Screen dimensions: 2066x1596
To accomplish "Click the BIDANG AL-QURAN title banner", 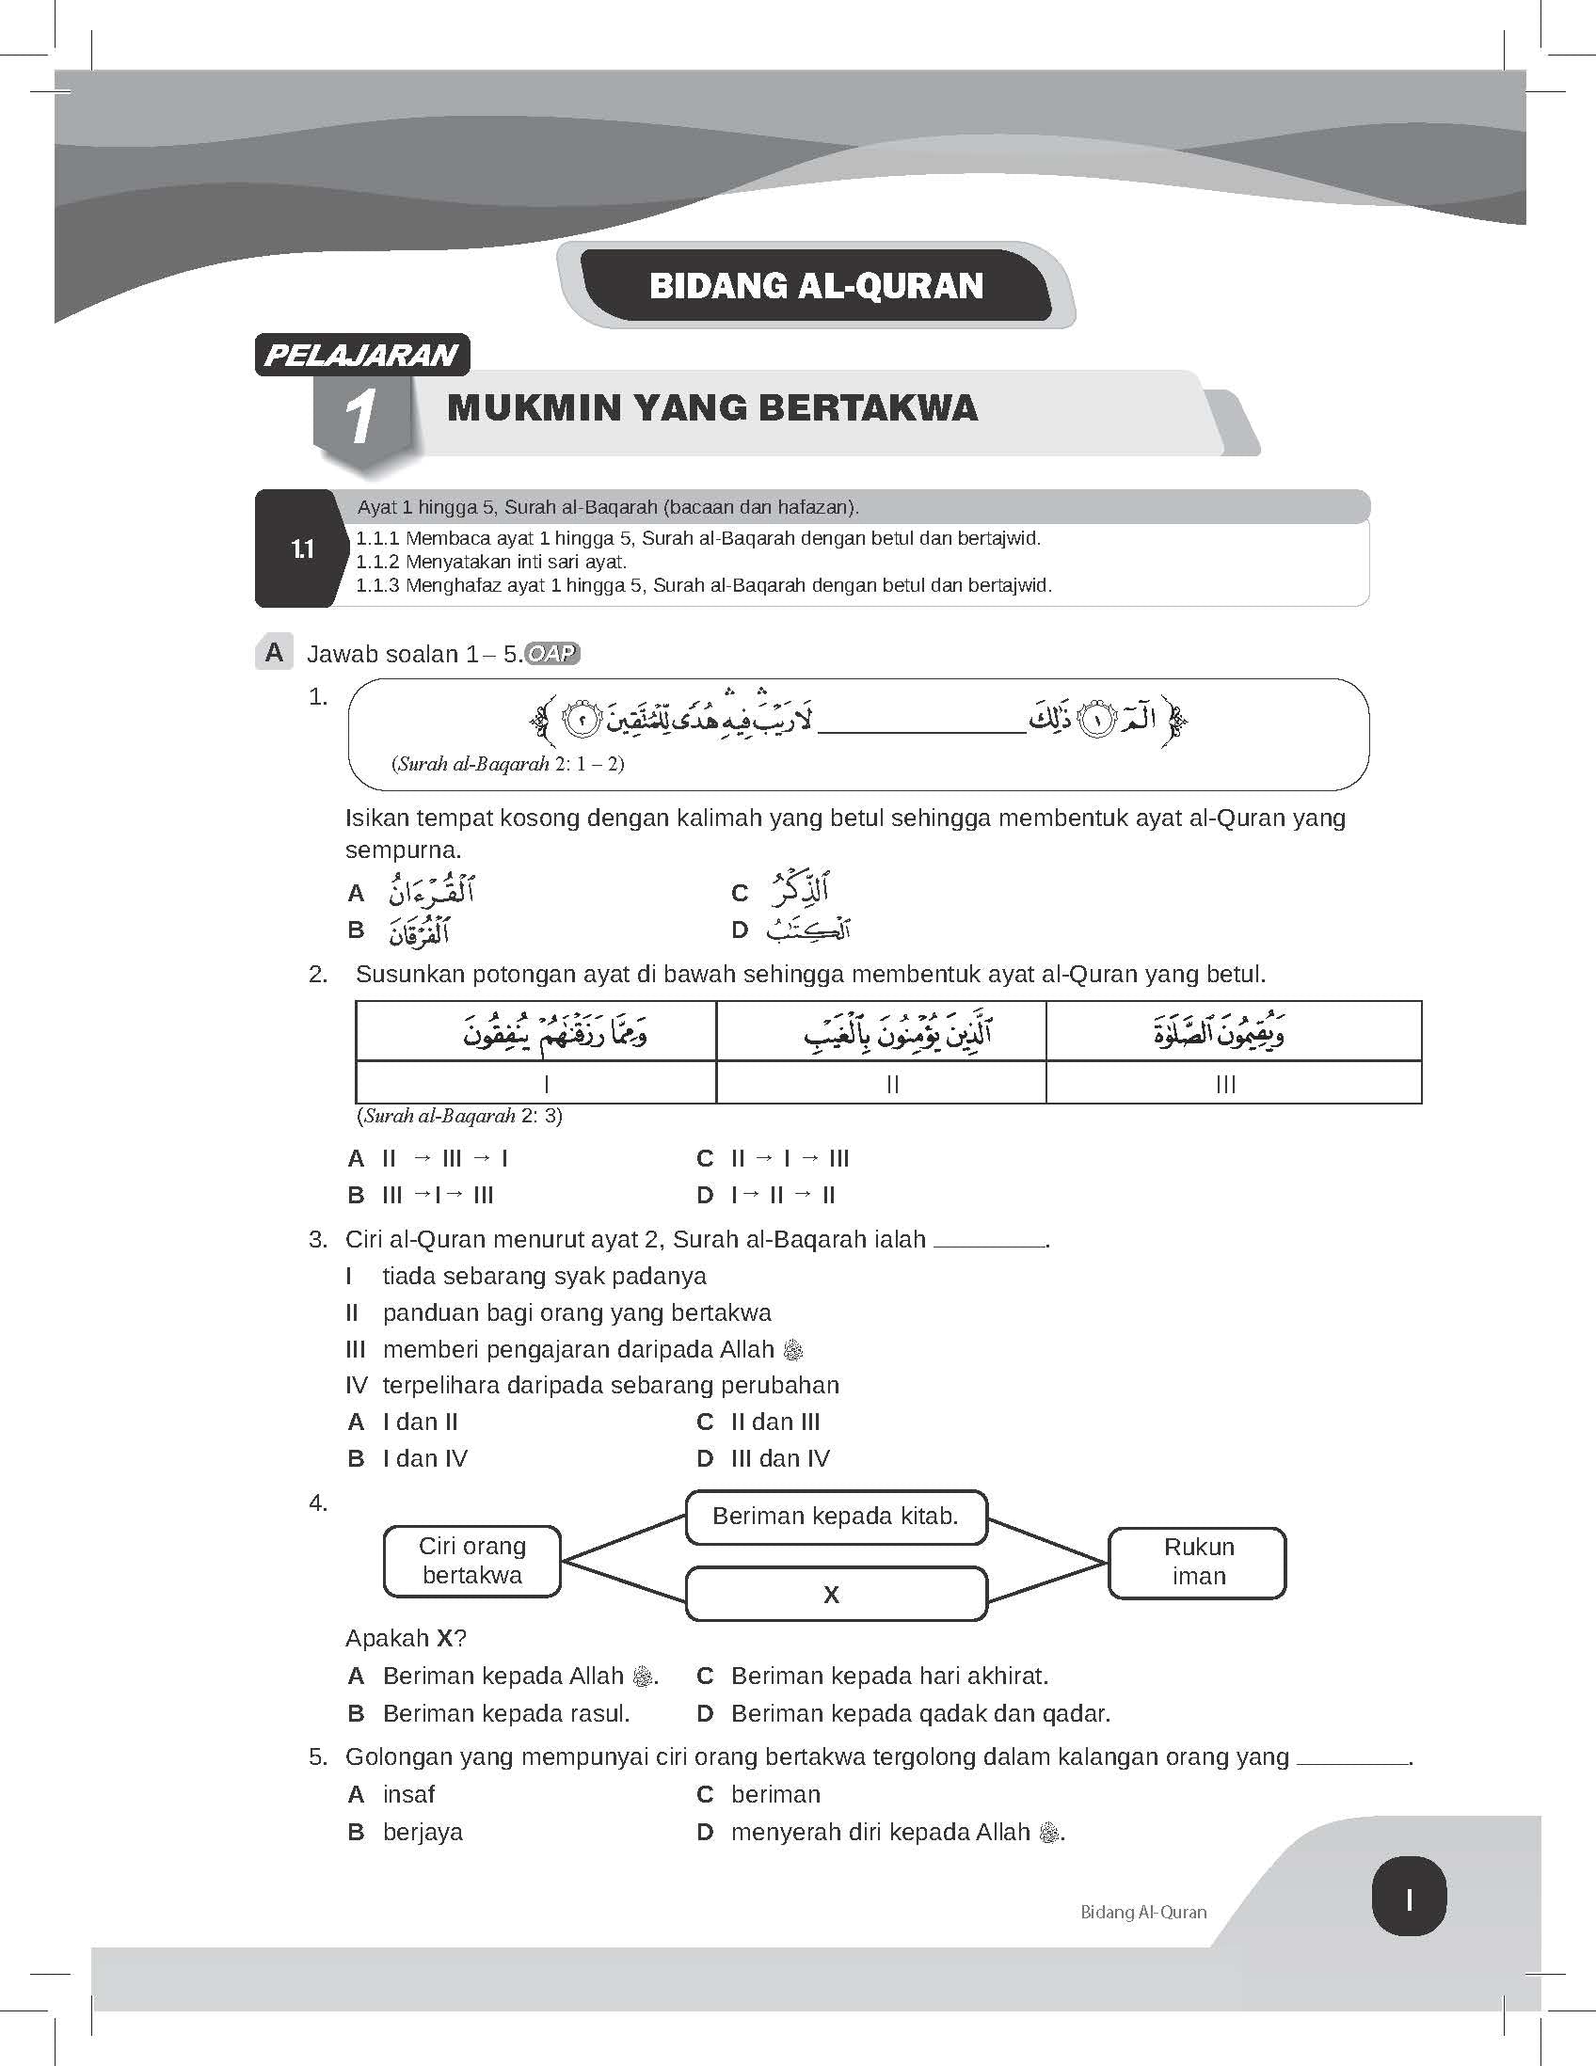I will coord(816,286).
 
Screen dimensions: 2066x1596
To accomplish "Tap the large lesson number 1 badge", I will coord(360,417).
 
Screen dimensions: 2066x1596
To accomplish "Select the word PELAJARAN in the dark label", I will coord(361,356).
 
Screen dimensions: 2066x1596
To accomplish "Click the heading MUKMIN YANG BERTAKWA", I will coord(711,407).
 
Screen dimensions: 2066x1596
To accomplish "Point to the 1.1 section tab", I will coord(301,548).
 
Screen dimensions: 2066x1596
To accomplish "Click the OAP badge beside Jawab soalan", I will coord(551,653).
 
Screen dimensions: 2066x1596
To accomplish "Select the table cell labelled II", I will coord(891,1084).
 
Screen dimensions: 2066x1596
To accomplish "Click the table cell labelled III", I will coord(1225,1084).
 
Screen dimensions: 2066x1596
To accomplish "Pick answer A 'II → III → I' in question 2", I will coord(445,1159).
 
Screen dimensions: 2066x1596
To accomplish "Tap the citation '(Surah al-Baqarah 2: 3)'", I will coord(460,1116).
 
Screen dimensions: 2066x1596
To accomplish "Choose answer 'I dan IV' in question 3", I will coord(424,1458).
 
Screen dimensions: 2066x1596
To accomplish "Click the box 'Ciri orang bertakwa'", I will coord(472,1560).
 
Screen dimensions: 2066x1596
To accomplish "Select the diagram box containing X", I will coord(836,1594).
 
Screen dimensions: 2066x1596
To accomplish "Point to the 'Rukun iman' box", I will coord(1197,1562).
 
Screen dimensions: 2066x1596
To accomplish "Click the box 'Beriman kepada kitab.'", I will coord(836,1517).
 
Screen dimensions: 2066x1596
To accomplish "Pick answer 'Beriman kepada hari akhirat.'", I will coord(889,1677).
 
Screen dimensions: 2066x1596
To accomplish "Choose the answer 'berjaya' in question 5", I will coord(423,1833).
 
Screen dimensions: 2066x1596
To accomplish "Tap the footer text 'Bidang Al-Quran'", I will coord(1142,1912).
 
